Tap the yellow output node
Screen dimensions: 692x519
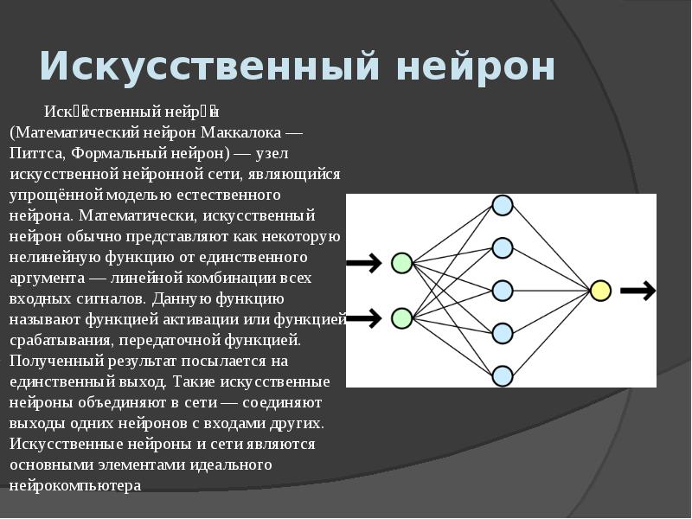tap(600, 291)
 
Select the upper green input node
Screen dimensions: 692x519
tap(401, 263)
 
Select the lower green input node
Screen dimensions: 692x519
tap(401, 318)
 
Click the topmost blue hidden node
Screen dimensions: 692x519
tap(503, 205)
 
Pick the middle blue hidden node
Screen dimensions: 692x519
tap(503, 291)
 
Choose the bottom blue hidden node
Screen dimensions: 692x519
tap(503, 375)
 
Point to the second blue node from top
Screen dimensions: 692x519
tap(503, 247)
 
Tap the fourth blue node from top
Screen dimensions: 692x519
tap(503, 333)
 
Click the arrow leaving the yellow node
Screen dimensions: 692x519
tap(638, 291)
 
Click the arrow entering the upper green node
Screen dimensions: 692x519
tap(364, 263)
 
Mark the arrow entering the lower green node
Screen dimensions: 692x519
tap(364, 318)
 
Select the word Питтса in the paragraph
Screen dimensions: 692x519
tap(35, 154)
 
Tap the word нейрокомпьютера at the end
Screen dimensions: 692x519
tap(75, 485)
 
